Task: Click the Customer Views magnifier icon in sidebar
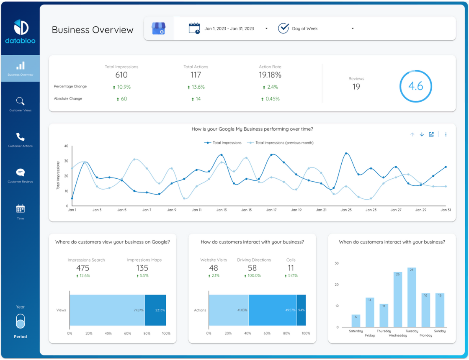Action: pyautogui.click(x=20, y=101)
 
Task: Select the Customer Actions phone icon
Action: pyautogui.click(x=20, y=137)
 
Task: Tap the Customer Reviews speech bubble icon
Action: pyautogui.click(x=20, y=172)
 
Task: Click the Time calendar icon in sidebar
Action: pyautogui.click(x=20, y=209)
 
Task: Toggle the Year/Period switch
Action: pyautogui.click(x=20, y=322)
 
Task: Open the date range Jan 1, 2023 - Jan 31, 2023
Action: pyautogui.click(x=229, y=28)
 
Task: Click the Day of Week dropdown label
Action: pyautogui.click(x=305, y=28)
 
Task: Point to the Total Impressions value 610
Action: pyautogui.click(x=121, y=75)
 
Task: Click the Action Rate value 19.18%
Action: pyautogui.click(x=270, y=75)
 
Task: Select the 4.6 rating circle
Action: pyautogui.click(x=415, y=86)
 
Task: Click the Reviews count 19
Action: pyautogui.click(x=356, y=87)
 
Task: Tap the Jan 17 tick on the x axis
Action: pyautogui.click(x=271, y=210)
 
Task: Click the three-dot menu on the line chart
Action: pyautogui.click(x=446, y=134)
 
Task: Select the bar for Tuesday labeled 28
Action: pyautogui.click(x=412, y=297)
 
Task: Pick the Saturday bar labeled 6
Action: pyautogui.click(x=356, y=321)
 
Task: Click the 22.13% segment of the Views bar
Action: pyautogui.click(x=155, y=310)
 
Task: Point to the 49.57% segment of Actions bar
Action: pyautogui.click(x=273, y=310)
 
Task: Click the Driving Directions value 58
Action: pyautogui.click(x=252, y=268)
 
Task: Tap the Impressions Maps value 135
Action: pyautogui.click(x=142, y=268)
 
